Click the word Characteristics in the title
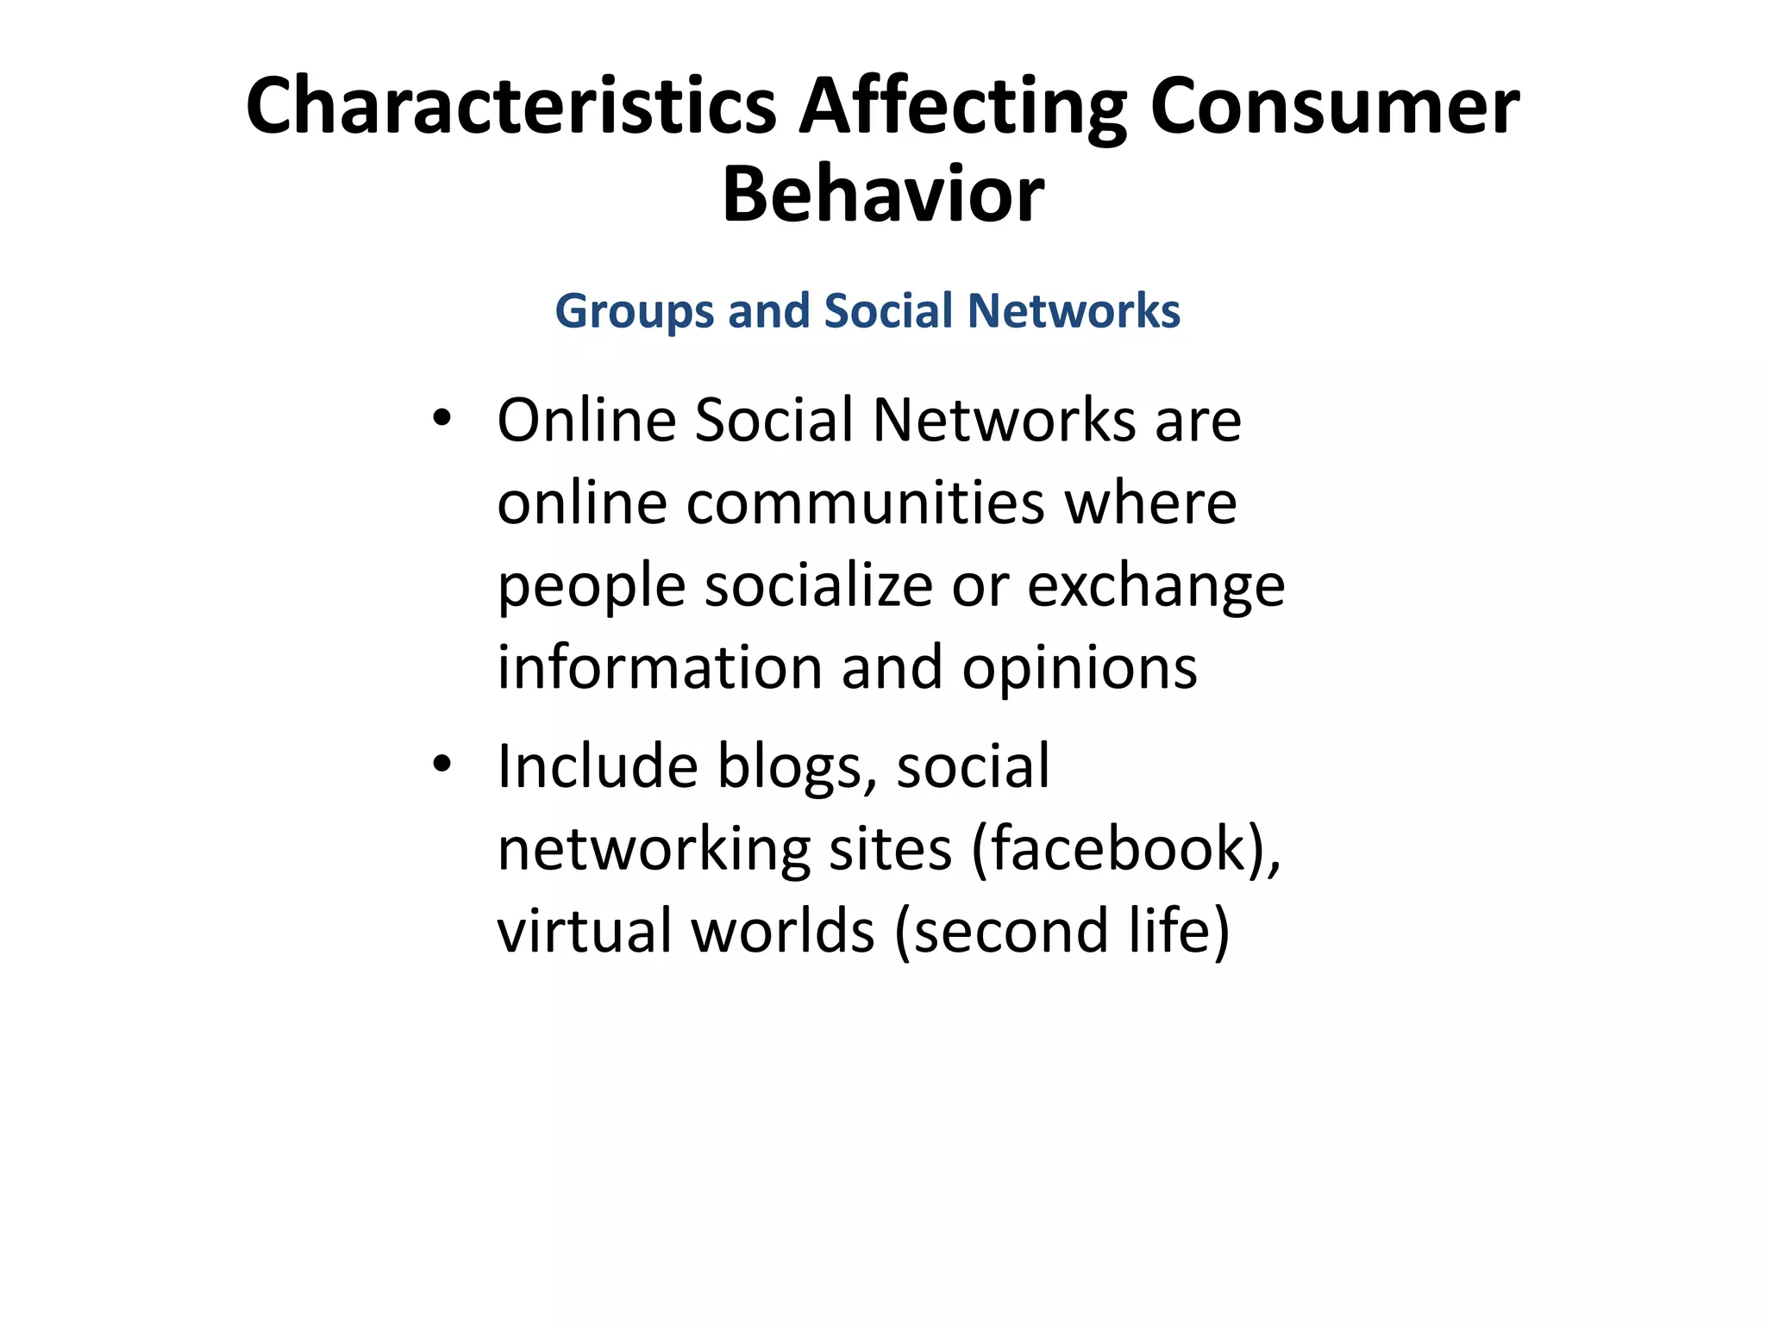pos(510,106)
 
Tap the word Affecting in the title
pos(962,108)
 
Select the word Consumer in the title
pos(1334,106)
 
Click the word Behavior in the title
pos(882,195)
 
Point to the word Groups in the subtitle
pos(634,312)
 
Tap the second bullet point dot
pos(441,764)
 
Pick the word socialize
pos(818,586)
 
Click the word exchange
pos(1155,586)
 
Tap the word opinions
pos(1079,668)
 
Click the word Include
pos(597,765)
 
